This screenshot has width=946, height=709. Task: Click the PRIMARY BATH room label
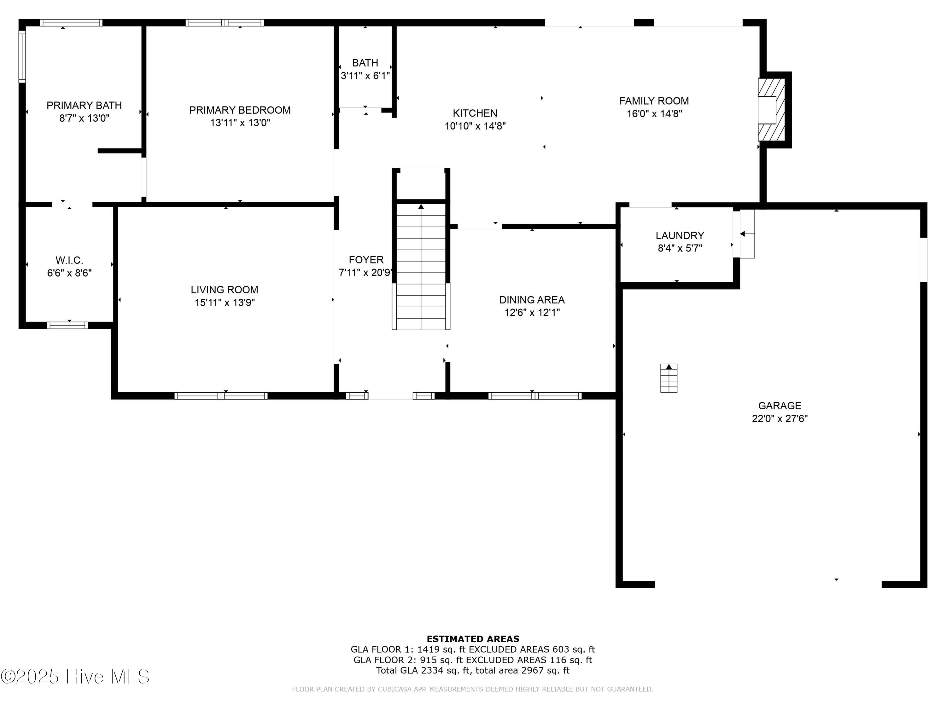[x=84, y=105]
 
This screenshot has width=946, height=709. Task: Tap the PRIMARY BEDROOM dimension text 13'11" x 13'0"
[x=240, y=123]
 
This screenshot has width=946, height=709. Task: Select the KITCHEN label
[x=475, y=113]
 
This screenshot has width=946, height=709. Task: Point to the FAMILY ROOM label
[x=654, y=101]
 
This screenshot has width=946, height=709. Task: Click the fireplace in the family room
[x=772, y=110]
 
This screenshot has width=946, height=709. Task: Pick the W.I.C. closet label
[x=69, y=260]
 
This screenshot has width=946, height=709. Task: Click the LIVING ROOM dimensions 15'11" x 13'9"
[x=225, y=303]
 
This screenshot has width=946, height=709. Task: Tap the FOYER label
[x=366, y=260]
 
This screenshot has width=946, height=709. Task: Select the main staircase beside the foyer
[x=421, y=266]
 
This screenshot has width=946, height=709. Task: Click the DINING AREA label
[x=532, y=300]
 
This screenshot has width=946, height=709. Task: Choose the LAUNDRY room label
[x=680, y=235]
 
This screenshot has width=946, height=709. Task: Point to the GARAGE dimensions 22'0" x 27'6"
[x=780, y=418]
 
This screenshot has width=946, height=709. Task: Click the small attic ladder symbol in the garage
[x=669, y=378]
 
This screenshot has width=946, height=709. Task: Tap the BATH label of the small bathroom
[x=365, y=63]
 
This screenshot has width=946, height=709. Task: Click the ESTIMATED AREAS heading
[x=473, y=639]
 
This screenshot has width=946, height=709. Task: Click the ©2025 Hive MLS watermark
[x=75, y=677]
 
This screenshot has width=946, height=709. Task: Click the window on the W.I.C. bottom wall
[x=67, y=325]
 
